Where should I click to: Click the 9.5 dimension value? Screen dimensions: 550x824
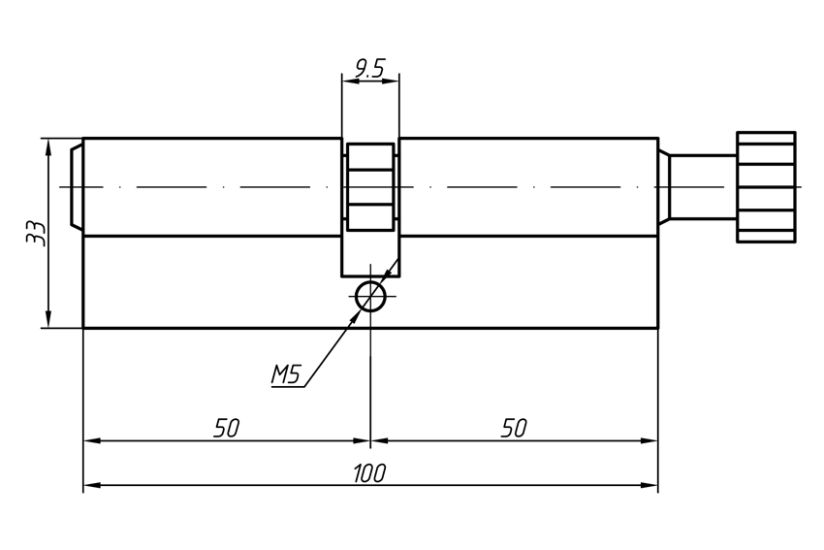[x=369, y=68]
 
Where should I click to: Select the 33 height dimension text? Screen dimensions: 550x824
[x=36, y=233]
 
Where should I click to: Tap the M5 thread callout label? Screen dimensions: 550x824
[x=287, y=373]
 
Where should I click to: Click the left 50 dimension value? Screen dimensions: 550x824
[x=226, y=428]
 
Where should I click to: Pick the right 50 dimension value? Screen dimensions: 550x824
[x=514, y=428]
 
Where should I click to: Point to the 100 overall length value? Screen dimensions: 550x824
[x=369, y=473]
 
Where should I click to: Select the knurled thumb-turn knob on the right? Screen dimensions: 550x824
[x=766, y=186]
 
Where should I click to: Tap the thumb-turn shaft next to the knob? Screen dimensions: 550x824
[x=703, y=186]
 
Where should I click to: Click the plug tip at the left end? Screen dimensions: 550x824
[x=77, y=186]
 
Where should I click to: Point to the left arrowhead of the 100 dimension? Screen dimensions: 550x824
[x=90, y=484]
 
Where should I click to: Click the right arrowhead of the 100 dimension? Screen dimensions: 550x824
[x=651, y=484]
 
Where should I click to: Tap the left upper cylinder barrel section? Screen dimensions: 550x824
[x=211, y=186]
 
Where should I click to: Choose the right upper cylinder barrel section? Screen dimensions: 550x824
[x=528, y=186]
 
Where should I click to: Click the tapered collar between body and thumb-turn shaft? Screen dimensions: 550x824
[x=665, y=186]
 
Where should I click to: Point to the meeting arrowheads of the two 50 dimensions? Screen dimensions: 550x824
[x=370, y=440]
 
